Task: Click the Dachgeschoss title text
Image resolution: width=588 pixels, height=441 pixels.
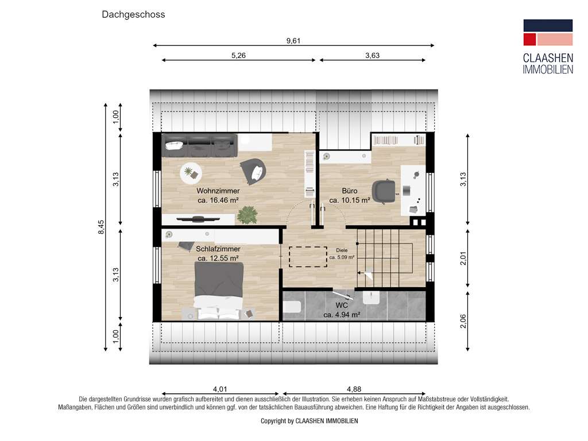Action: tap(133, 14)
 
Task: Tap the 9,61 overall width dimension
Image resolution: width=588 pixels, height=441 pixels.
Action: tap(293, 41)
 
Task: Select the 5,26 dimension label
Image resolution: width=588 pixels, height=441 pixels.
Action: tap(239, 56)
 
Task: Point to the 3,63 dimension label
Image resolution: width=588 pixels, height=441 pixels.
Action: tap(372, 56)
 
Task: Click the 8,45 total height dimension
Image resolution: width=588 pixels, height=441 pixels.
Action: tap(101, 227)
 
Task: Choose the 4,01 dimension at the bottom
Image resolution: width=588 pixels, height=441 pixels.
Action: tap(220, 389)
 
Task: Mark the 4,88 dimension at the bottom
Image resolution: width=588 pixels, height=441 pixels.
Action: tap(353, 389)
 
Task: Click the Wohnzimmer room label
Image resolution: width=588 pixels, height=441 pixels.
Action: tap(218, 191)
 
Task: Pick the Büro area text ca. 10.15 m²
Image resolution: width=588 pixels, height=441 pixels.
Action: tap(349, 200)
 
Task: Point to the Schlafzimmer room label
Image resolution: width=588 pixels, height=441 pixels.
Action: tap(218, 249)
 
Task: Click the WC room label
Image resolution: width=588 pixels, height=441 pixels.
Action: tap(342, 305)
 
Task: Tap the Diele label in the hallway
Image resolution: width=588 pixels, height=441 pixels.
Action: tap(342, 250)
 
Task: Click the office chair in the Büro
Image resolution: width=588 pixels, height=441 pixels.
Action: tap(384, 191)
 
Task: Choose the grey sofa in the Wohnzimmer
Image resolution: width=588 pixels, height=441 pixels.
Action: tap(199, 145)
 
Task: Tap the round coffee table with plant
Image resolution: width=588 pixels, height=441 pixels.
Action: tap(191, 171)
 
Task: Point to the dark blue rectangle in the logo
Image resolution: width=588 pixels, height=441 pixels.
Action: tap(547, 25)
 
